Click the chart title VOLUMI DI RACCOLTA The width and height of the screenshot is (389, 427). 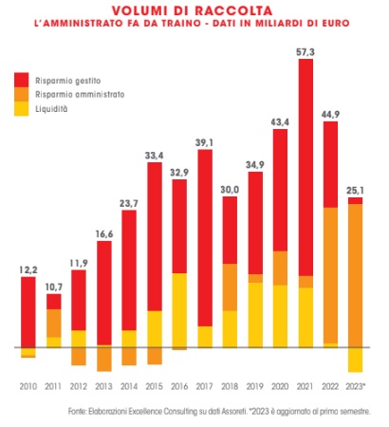tap(192, 10)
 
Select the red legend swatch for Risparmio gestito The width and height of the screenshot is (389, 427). tap(22, 80)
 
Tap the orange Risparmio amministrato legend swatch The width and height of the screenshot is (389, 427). tap(22, 94)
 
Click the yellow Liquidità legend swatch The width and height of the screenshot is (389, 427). tap(22, 109)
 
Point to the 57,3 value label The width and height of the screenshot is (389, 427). tap(306, 52)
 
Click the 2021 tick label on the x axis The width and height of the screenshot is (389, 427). tap(306, 386)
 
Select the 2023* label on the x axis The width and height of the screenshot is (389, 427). tap(356, 386)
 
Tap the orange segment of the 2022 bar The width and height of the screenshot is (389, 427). tap(330, 275)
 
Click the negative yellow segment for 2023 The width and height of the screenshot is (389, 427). tap(356, 360)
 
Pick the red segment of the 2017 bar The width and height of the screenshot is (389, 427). tap(205, 238)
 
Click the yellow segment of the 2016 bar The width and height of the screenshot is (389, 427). tap(179, 310)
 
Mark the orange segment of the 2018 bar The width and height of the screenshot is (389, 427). tap(230, 288)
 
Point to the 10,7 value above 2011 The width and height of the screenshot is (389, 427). tap(54, 288)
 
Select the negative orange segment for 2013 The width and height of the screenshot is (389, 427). tap(104, 359)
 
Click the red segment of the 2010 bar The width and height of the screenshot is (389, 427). tap(28, 312)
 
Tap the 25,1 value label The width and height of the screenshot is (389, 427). tap(356, 191)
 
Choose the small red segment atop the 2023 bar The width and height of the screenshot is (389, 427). tap(356, 201)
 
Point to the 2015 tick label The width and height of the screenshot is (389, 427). tap(154, 386)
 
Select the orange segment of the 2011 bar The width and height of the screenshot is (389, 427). tap(54, 324)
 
